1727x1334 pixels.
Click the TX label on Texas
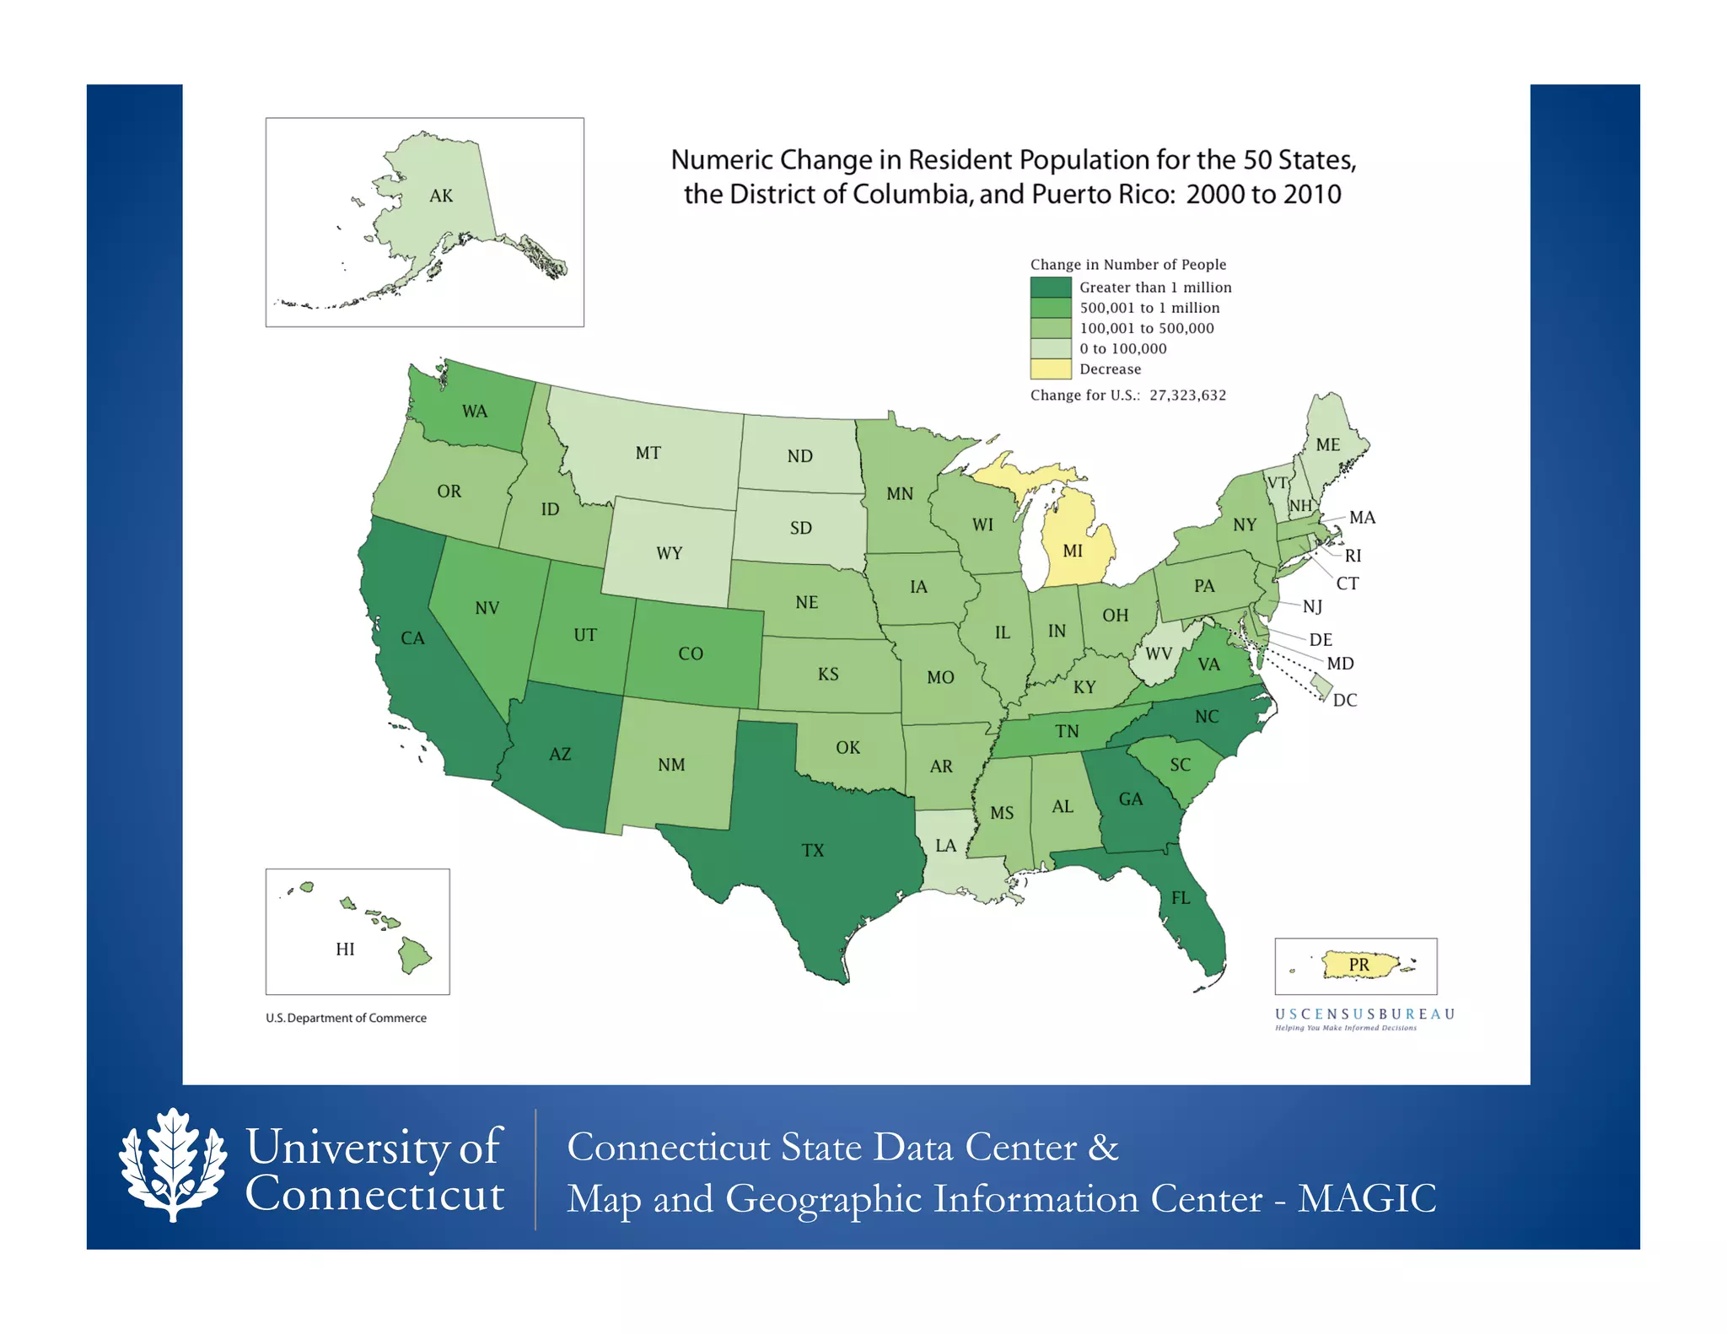coord(812,850)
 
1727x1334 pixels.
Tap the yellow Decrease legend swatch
coord(1050,369)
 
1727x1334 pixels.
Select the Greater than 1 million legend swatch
coord(1050,288)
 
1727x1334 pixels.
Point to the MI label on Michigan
coord(1072,551)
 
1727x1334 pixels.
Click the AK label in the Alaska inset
coord(441,196)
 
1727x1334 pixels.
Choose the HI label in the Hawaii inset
coord(345,949)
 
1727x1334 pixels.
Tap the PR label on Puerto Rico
coord(1358,965)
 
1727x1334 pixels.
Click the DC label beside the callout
coord(1344,700)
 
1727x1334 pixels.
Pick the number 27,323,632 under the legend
coord(1187,395)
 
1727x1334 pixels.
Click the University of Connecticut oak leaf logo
coord(173,1165)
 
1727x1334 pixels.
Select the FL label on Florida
coord(1181,898)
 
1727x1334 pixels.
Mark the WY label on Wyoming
coord(669,553)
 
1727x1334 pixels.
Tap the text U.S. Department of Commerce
coord(346,1018)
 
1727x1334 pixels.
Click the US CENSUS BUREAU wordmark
coord(1364,1014)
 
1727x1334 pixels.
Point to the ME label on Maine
coord(1327,444)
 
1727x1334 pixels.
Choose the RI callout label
coord(1353,556)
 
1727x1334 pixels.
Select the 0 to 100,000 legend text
coord(1122,349)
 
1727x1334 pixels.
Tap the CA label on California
coord(412,638)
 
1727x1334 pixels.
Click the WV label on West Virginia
coord(1159,654)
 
